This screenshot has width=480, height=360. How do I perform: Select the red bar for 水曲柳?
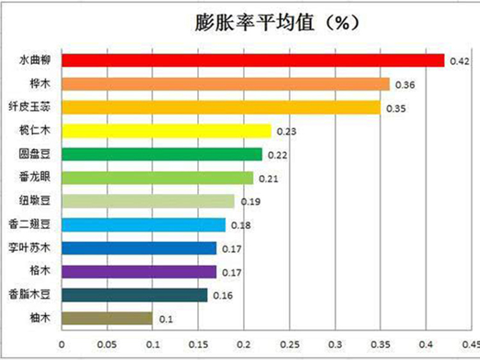click(x=253, y=60)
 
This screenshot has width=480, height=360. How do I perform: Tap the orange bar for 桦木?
click(x=225, y=84)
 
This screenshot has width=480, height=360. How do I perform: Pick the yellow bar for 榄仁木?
click(x=166, y=131)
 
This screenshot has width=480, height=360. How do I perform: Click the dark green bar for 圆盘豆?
click(x=162, y=154)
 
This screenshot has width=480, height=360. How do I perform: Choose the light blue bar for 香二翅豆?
click(x=143, y=225)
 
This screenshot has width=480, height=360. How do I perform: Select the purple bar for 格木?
click(x=139, y=272)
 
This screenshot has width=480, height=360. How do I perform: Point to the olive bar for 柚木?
click(x=107, y=318)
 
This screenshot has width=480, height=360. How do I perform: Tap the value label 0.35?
click(x=396, y=108)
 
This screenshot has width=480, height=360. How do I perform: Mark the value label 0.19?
click(x=250, y=202)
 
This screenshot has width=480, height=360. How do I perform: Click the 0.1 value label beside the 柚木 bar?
click(x=163, y=319)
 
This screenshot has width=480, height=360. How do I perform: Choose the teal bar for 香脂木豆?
click(x=134, y=295)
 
